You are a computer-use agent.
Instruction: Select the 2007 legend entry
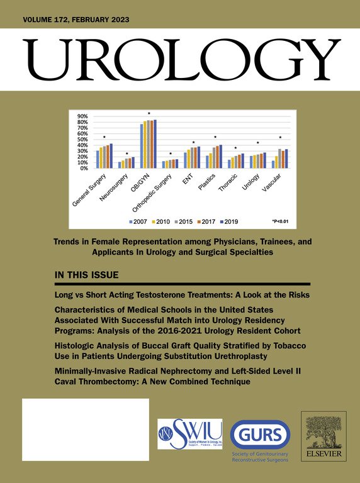pyautogui.click(x=139, y=221)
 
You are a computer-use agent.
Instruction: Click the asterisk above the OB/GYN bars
pyautogui.click(x=149, y=114)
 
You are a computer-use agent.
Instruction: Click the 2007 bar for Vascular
pyautogui.click(x=273, y=165)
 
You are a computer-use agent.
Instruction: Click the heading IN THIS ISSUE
pyautogui.click(x=92, y=276)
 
